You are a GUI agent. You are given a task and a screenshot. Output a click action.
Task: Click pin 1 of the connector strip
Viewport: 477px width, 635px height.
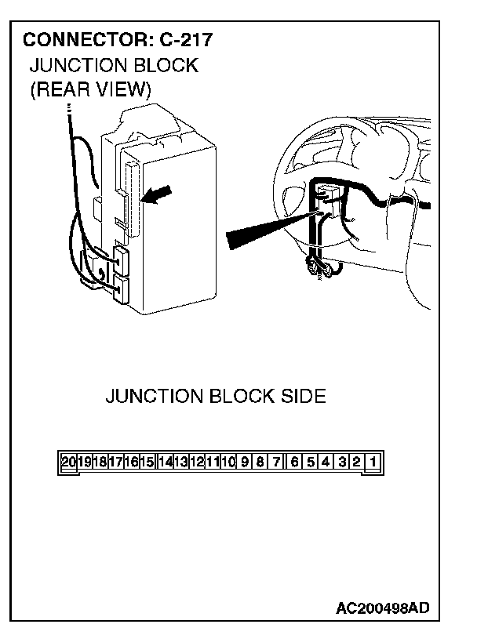pyautogui.click(x=373, y=462)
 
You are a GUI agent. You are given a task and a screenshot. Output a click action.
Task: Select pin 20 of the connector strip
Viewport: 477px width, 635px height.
pyautogui.click(x=69, y=462)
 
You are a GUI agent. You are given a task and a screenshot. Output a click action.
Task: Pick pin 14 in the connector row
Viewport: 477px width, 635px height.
pyautogui.click(x=165, y=462)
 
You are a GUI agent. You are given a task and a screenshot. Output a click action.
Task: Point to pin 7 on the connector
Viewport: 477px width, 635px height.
pyautogui.click(x=276, y=462)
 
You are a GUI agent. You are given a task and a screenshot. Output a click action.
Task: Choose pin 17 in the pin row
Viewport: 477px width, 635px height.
pyautogui.click(x=116, y=462)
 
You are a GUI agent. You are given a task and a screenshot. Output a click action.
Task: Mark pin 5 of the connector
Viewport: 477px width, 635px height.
pyautogui.click(x=311, y=462)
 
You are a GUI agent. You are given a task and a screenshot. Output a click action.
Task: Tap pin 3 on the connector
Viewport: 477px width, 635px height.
pyautogui.click(x=342, y=462)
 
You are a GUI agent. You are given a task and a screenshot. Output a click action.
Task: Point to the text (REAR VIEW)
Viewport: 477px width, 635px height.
pyautogui.click(x=90, y=89)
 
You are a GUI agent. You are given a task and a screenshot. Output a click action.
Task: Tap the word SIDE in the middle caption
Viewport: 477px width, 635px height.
pyautogui.click(x=303, y=396)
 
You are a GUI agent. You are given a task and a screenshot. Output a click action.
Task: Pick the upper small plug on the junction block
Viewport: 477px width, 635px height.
pyautogui.click(x=122, y=257)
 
